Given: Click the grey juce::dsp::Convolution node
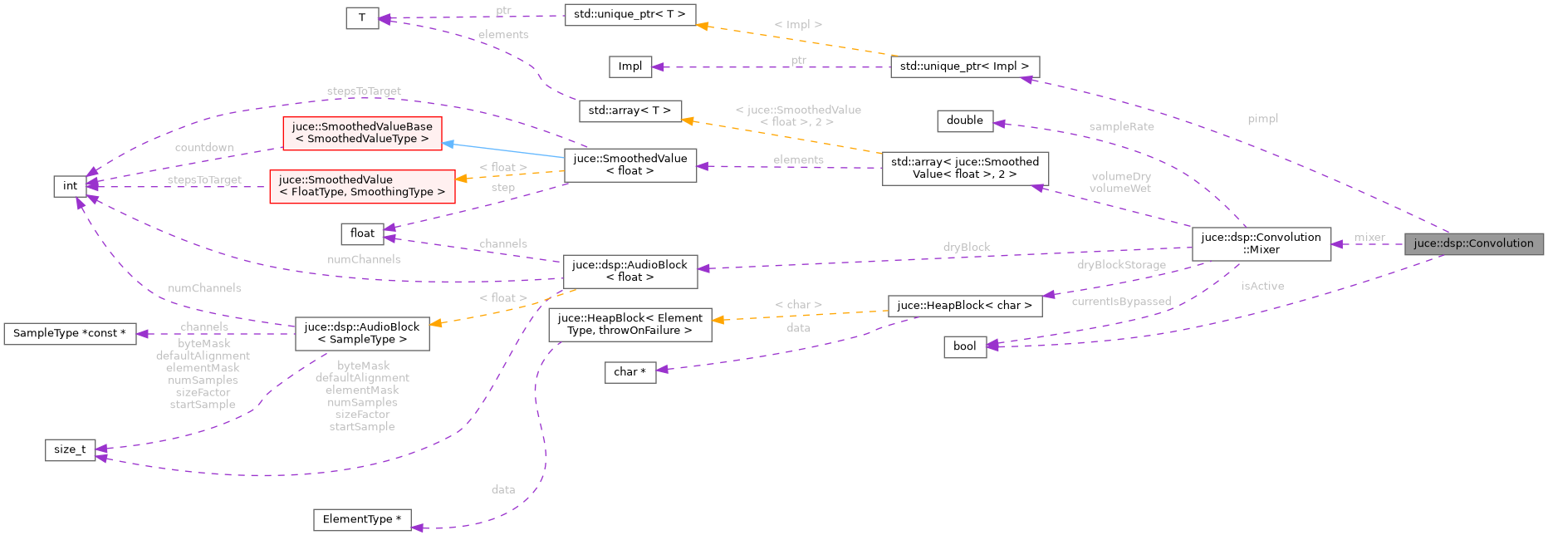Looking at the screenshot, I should [x=1473, y=243].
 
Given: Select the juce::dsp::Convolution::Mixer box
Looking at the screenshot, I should [x=1261, y=243].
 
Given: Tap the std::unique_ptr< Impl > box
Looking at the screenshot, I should [x=964, y=66].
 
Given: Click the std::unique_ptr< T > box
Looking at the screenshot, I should [x=629, y=15].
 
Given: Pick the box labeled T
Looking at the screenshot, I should [x=362, y=17].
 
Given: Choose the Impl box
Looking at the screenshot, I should [x=629, y=66].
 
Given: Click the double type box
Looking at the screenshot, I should [x=964, y=120].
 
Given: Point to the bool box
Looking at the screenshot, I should [x=964, y=346].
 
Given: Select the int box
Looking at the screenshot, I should [x=70, y=186].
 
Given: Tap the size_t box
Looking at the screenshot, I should [x=70, y=449].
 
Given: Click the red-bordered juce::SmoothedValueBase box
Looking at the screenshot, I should [x=362, y=133].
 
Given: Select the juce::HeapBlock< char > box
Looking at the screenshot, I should [x=964, y=306].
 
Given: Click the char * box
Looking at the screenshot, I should [x=629, y=372].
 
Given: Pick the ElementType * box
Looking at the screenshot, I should [x=361, y=519].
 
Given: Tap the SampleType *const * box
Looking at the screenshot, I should [x=69, y=333].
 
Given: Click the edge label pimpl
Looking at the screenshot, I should [x=1262, y=119].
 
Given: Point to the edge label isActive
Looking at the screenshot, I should [x=1262, y=286].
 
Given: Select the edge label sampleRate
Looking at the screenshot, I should [x=1121, y=126].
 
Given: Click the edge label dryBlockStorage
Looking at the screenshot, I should [x=1121, y=265].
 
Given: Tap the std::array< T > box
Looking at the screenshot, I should [x=629, y=110].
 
